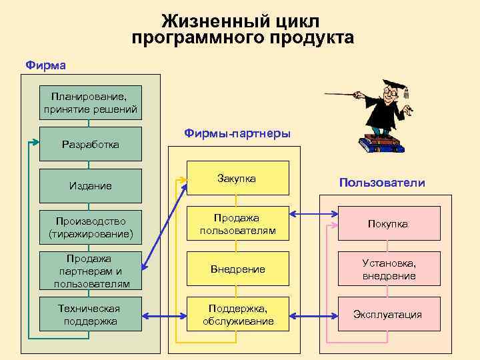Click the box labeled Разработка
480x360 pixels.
(91, 144)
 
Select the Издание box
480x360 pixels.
(91, 185)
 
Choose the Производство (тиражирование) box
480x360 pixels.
(91, 227)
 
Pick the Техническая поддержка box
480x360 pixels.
(91, 314)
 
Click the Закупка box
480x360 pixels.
(237, 178)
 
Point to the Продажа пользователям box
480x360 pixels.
(237, 224)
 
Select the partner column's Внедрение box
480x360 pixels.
(237, 269)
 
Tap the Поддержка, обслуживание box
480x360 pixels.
(237, 314)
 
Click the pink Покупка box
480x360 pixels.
(388, 223)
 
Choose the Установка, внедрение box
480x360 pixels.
(388, 269)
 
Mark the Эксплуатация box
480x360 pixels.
(388, 314)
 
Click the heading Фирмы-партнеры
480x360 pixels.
(237, 134)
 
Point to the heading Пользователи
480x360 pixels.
(381, 183)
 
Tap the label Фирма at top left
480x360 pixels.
(45, 65)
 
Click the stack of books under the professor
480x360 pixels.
(379, 144)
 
